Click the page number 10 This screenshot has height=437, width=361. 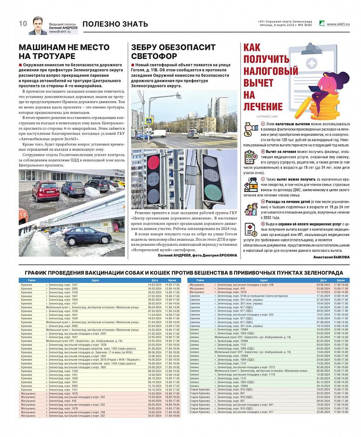pyautogui.click(x=23, y=23)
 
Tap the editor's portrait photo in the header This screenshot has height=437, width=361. pyautogui.click(x=38, y=26)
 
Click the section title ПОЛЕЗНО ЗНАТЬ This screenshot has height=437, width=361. pyautogui.click(x=115, y=24)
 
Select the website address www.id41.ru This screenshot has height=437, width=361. pyautogui.click(x=338, y=24)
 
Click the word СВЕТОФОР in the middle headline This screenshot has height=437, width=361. pyautogui.click(x=154, y=56)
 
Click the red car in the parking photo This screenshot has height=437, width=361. pyautogui.click(x=46, y=190)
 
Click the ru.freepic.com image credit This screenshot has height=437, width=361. pyautogui.click(x=267, y=116)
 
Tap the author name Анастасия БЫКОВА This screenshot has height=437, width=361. pyautogui.click(x=331, y=257)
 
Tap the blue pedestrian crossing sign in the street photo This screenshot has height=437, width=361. pyautogui.click(x=148, y=122)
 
